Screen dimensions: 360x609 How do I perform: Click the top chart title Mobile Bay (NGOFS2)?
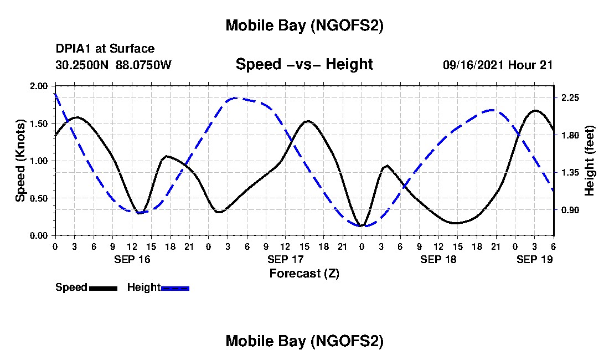[304, 26]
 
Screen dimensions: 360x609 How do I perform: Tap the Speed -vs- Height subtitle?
[304, 65]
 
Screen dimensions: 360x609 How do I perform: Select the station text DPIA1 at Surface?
[105, 49]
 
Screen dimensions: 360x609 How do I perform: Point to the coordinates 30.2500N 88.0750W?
[113, 65]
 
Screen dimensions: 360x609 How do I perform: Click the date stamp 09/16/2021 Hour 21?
[498, 65]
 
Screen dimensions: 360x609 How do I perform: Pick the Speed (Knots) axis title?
[20, 160]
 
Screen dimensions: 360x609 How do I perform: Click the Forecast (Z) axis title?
[304, 273]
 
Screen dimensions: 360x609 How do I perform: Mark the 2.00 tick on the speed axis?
[39, 86]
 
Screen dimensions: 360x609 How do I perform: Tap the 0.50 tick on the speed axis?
[39, 198]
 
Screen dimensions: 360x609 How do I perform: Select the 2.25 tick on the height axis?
[570, 97]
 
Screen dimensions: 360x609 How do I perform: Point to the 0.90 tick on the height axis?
[570, 210]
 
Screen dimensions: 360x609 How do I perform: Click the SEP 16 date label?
[131, 259]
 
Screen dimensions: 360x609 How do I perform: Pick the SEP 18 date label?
[438, 259]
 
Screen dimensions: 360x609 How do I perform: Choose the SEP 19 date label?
[534, 259]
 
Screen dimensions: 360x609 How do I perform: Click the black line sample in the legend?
[102, 288]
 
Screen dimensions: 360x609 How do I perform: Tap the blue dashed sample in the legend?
[175, 288]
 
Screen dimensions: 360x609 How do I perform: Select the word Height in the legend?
[143, 287]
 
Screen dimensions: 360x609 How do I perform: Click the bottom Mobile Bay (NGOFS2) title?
[304, 342]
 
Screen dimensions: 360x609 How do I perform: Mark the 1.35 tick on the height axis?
[570, 173]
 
